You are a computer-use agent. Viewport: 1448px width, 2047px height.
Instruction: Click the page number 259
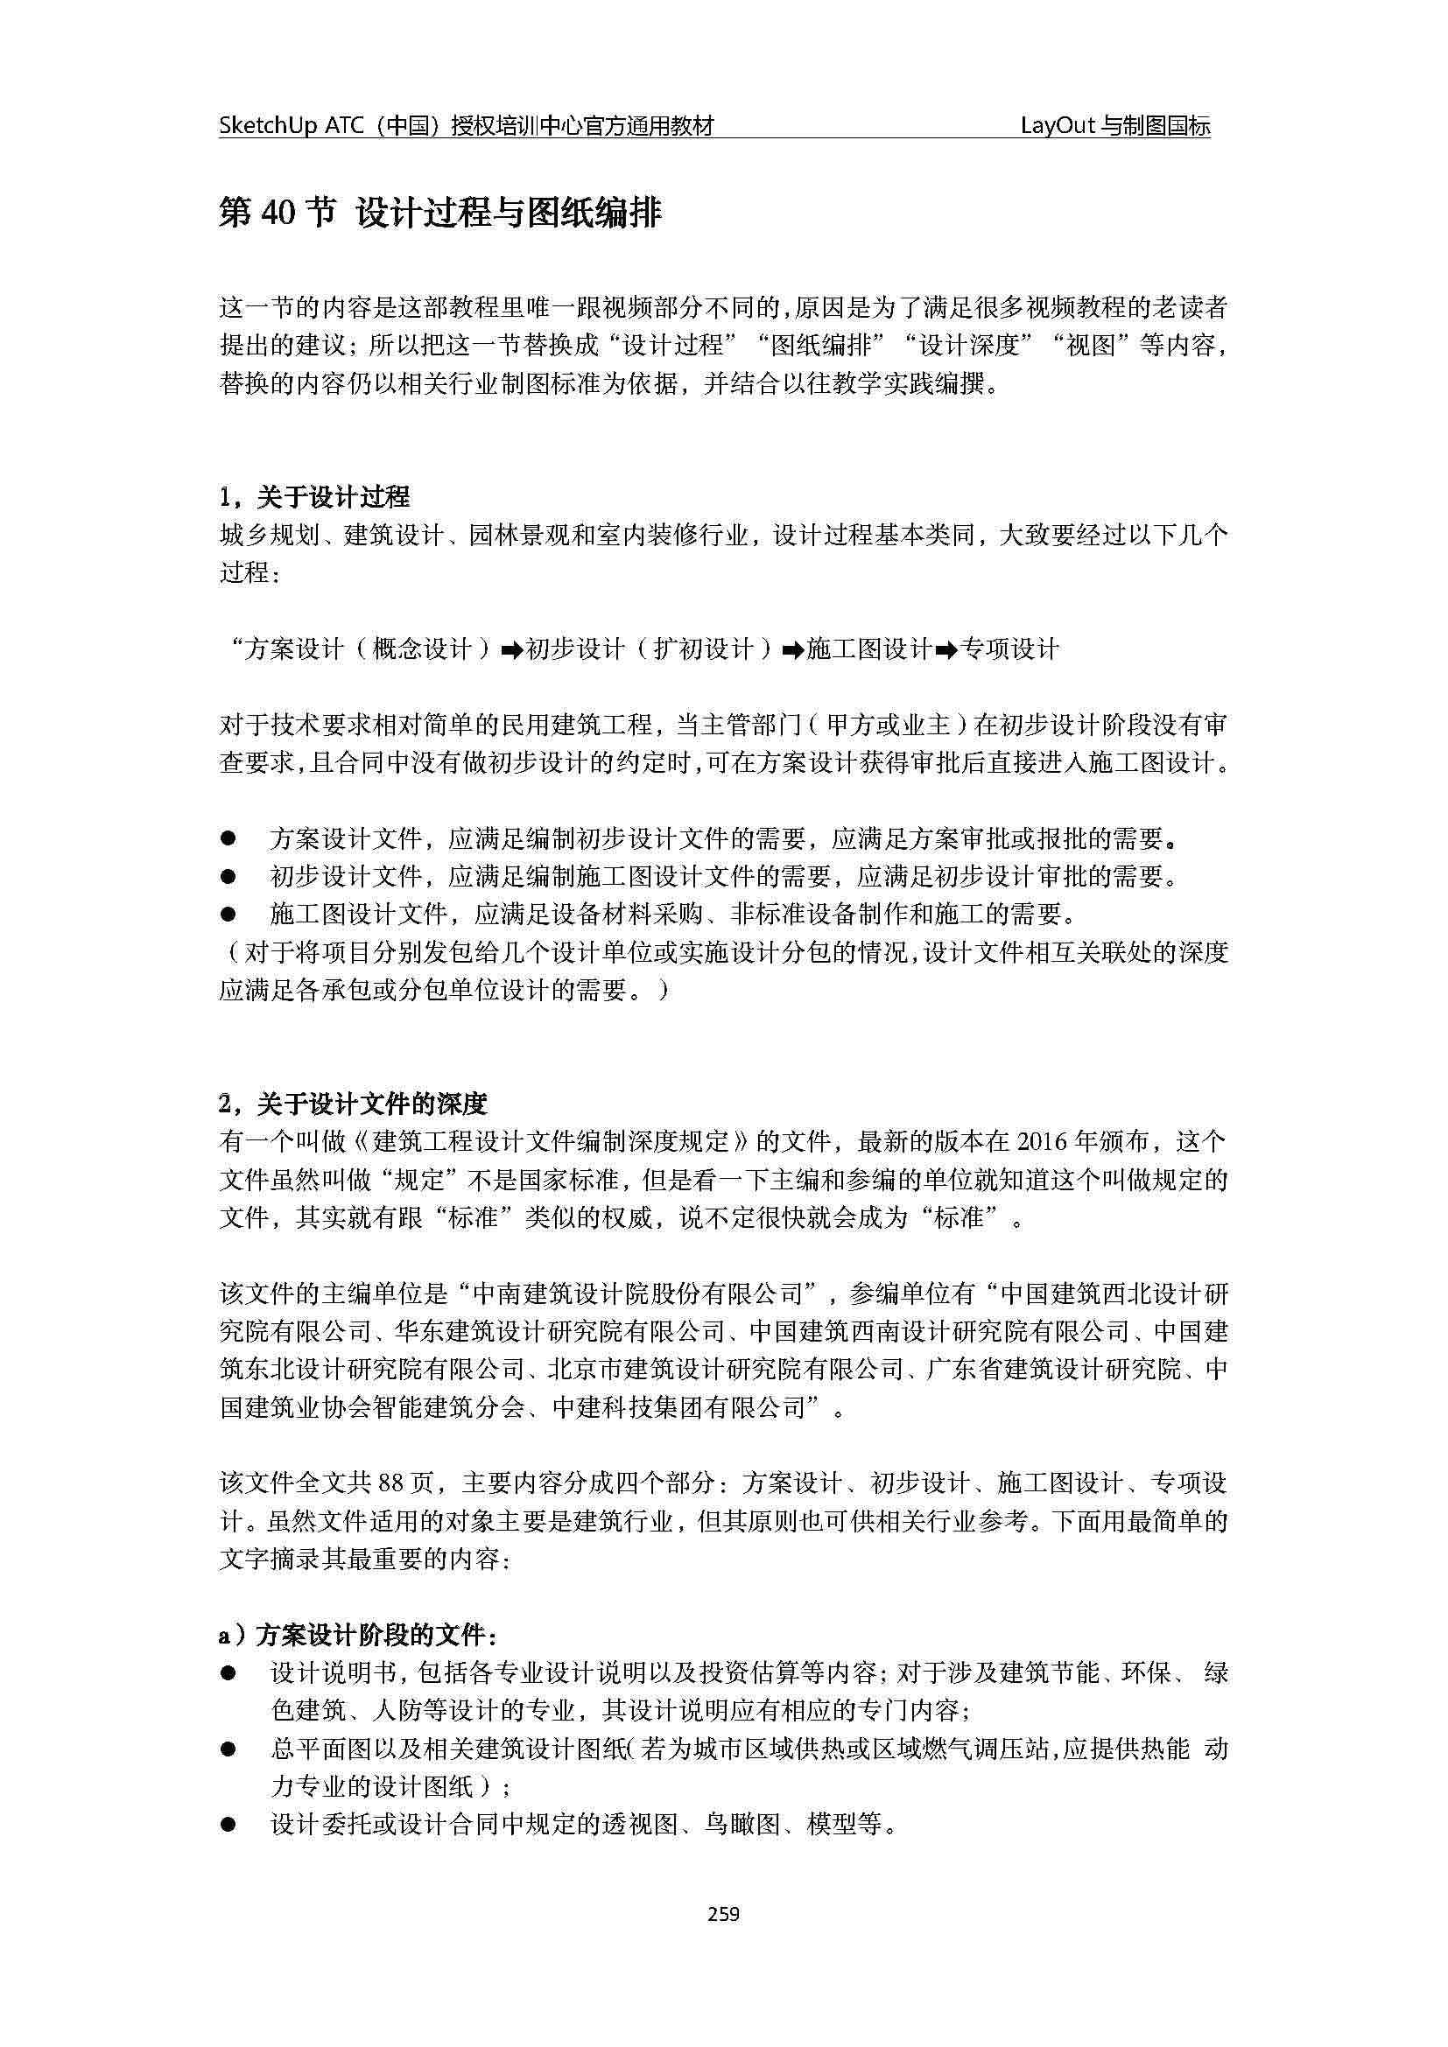[x=723, y=1913]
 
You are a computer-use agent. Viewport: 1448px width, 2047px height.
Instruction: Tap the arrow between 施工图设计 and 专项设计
[x=948, y=650]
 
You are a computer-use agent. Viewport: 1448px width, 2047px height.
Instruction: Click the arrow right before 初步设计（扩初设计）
[x=512, y=650]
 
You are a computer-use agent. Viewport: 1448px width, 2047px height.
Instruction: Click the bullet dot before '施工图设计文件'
[x=229, y=914]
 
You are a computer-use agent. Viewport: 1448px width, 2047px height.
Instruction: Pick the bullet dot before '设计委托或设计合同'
[x=229, y=1825]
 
